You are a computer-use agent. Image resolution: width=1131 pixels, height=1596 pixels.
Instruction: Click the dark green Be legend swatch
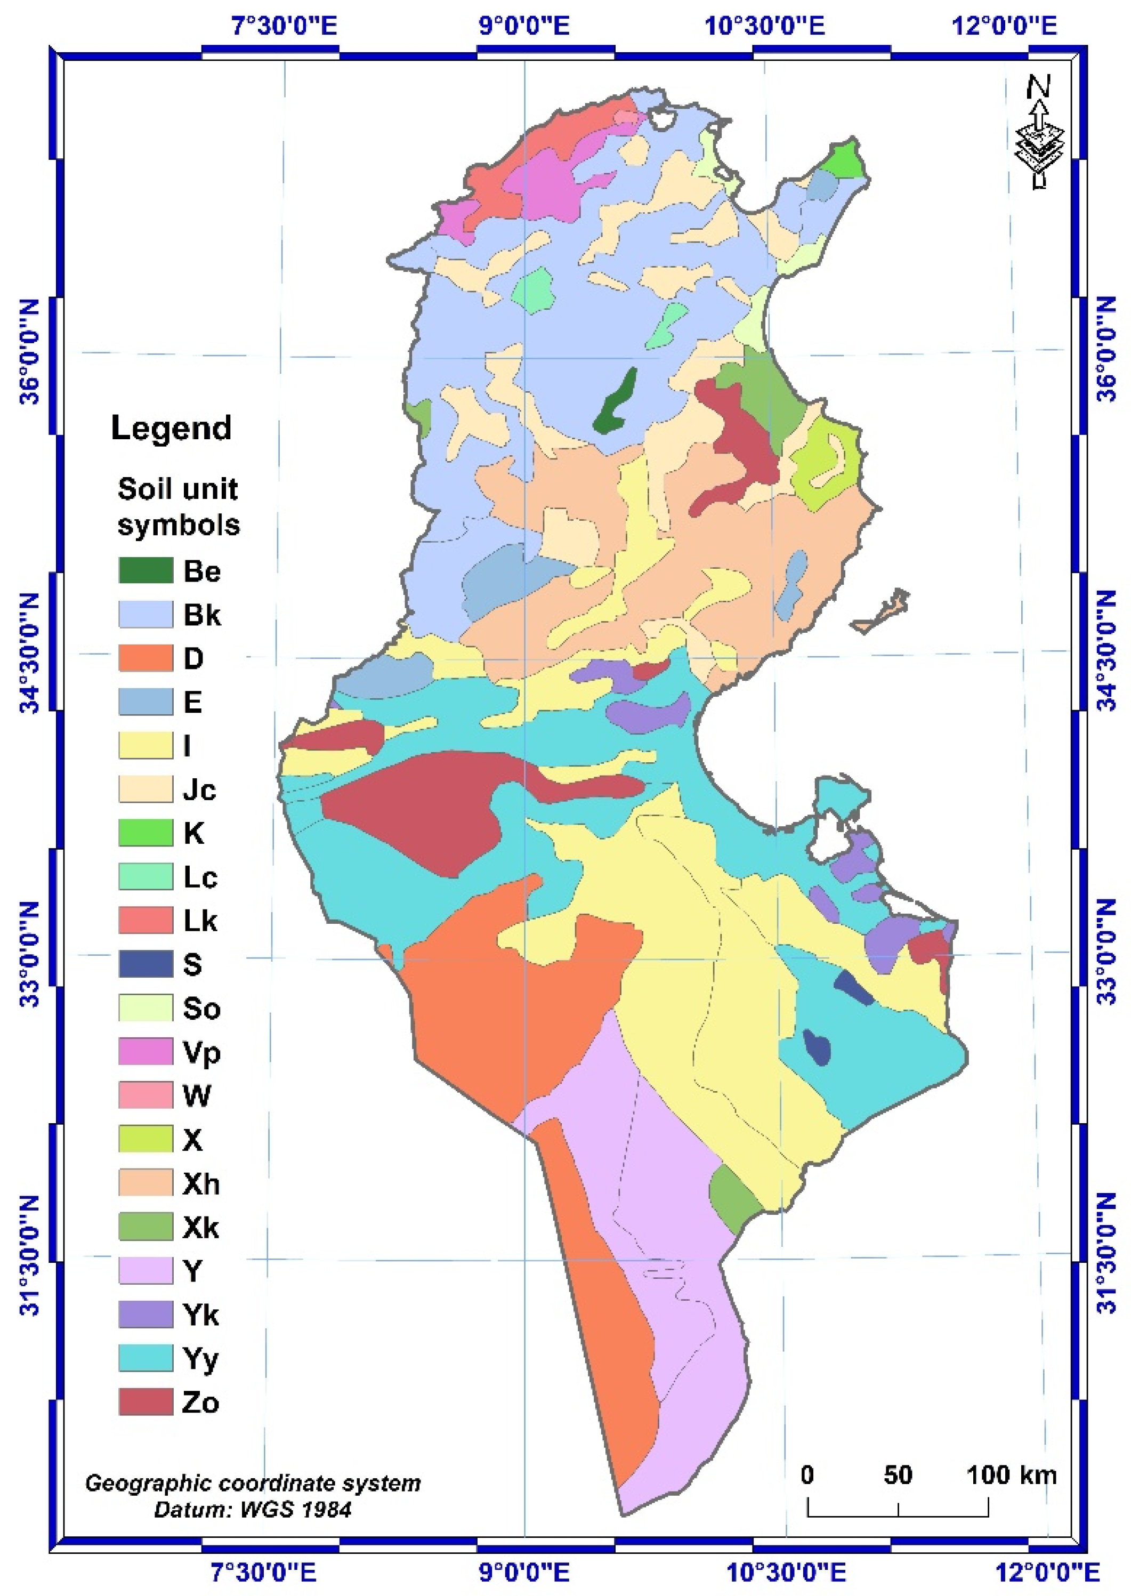click(145, 570)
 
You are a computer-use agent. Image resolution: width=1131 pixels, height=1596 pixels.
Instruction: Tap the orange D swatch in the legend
click(145, 658)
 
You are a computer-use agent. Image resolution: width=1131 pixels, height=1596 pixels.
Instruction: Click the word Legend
click(171, 428)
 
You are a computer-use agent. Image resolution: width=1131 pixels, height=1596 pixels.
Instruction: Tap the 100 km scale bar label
click(1011, 1474)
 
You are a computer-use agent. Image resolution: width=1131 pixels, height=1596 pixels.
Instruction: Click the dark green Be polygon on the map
click(616, 402)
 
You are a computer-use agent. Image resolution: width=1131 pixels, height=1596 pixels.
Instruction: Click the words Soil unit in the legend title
click(177, 489)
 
